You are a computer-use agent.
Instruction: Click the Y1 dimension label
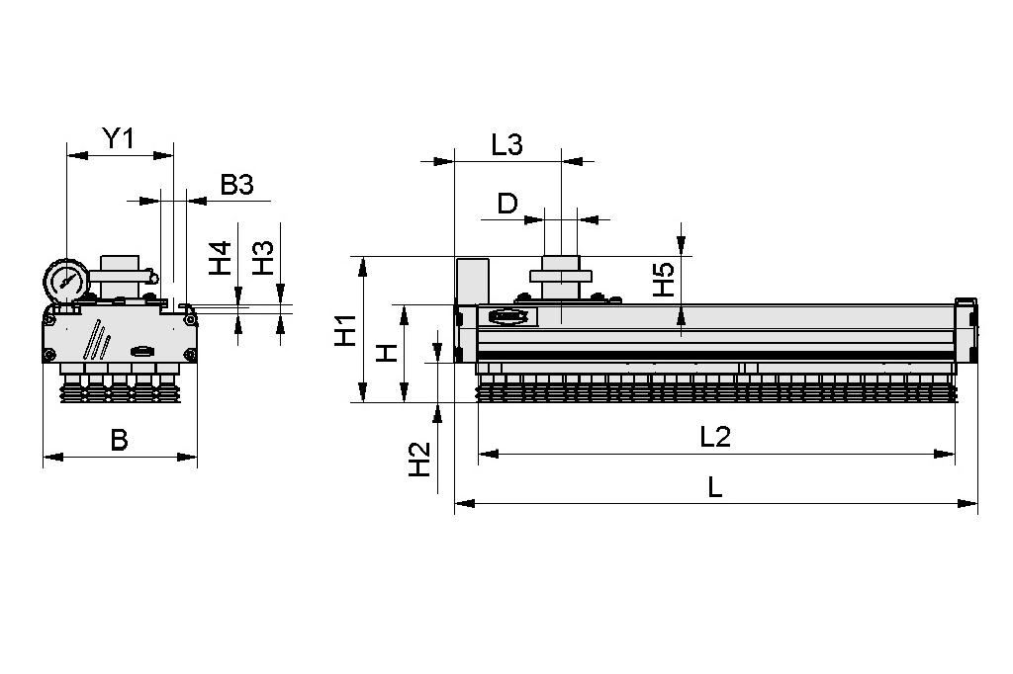pos(119,138)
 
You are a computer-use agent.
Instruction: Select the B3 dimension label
pos(236,184)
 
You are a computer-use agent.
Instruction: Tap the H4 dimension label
pos(220,258)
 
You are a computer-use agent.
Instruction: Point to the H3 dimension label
pos(262,258)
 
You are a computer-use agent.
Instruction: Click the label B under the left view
pos(119,439)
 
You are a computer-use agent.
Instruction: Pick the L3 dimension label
pos(506,144)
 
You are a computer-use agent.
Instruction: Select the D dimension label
pos(506,204)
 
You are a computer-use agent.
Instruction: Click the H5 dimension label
pos(664,280)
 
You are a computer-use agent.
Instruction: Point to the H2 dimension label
pos(420,459)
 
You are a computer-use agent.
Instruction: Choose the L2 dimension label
pos(714,436)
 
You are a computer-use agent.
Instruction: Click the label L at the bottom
pos(715,486)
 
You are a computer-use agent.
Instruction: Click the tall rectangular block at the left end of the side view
pos(472,282)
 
